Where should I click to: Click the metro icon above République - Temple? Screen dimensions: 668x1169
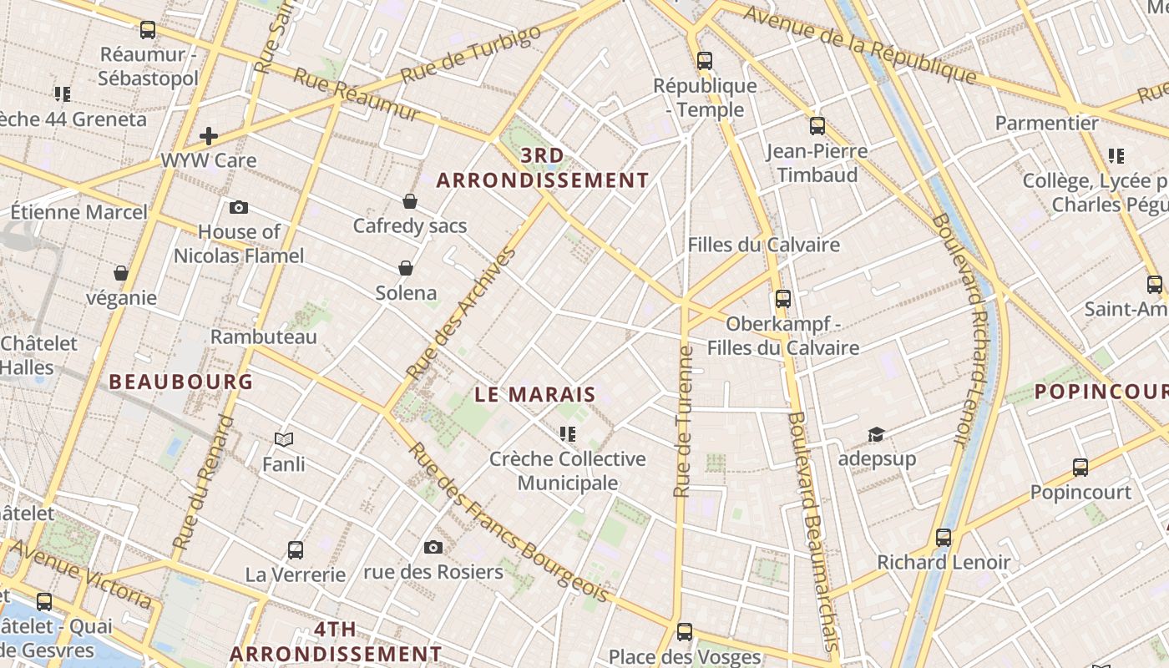(x=705, y=60)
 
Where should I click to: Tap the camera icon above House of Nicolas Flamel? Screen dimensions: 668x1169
(x=239, y=207)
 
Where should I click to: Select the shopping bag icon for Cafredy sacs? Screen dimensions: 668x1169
(x=410, y=201)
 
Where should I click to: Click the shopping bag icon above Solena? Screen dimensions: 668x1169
(x=406, y=268)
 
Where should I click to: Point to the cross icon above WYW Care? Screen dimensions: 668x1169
(x=209, y=135)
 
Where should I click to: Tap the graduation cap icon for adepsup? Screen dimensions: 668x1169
(x=876, y=434)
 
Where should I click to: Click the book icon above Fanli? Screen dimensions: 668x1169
(x=284, y=439)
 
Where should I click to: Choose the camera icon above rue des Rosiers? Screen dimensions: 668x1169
(x=433, y=547)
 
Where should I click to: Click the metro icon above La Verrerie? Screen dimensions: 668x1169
(x=296, y=549)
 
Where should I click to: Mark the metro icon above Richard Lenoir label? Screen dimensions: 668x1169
(x=944, y=538)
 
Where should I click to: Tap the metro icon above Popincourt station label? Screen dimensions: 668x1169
(x=1080, y=468)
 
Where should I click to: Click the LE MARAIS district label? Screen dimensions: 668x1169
(x=535, y=395)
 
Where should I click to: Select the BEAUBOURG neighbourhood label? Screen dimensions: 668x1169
(x=180, y=382)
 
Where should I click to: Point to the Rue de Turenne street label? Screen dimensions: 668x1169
(x=684, y=422)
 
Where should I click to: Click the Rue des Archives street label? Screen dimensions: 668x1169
(x=460, y=313)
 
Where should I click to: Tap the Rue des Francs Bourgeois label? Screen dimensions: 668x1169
(x=508, y=521)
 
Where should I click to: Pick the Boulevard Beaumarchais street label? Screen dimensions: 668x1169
(x=810, y=530)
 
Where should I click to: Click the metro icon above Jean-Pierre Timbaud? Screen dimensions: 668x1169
(x=817, y=126)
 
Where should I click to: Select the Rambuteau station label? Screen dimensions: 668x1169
(x=264, y=337)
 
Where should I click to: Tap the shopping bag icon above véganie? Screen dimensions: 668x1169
(x=121, y=273)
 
